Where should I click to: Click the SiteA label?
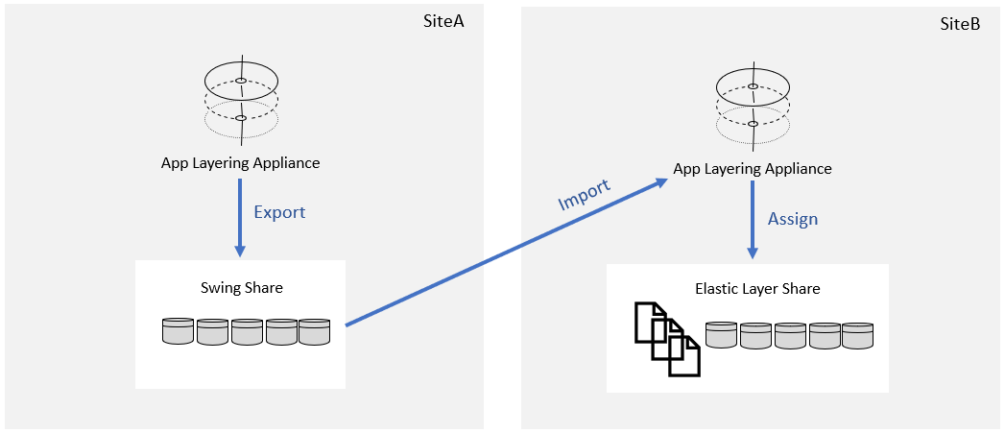(443, 21)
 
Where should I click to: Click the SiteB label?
(959, 25)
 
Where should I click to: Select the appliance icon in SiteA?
(241, 99)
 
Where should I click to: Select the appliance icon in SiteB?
(754, 105)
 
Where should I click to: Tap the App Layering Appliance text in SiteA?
(240, 162)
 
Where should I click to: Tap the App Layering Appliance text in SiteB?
(753, 169)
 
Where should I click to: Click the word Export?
(279, 212)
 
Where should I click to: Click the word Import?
(584, 195)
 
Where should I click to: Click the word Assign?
(793, 219)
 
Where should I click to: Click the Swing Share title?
(241, 287)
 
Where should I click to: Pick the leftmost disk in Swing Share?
(178, 331)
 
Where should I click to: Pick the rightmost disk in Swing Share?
(314, 331)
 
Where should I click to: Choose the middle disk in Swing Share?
(247, 331)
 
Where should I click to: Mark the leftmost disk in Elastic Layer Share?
(720, 335)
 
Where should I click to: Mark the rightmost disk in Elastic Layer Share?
(857, 335)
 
